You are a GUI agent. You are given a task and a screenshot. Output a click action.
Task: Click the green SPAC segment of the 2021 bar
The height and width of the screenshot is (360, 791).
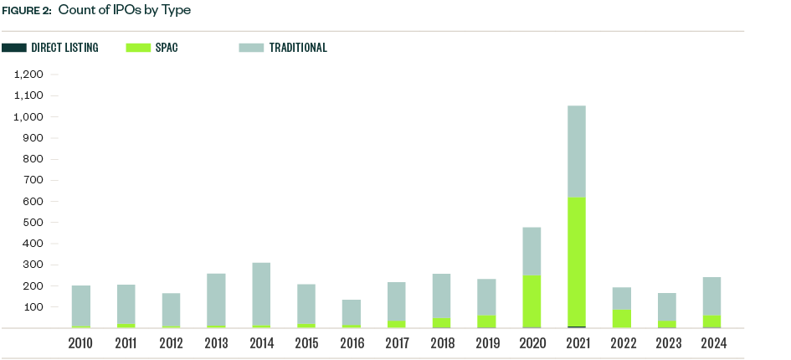tap(576, 261)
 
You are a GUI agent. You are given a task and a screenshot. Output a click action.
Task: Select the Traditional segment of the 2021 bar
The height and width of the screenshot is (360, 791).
tap(576, 152)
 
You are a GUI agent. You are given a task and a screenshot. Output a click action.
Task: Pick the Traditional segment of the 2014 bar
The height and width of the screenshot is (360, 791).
tap(261, 294)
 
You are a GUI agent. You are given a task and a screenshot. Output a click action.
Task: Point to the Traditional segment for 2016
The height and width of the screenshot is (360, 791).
tap(352, 312)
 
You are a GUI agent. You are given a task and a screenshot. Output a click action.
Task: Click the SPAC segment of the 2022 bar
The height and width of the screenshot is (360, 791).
tap(621, 318)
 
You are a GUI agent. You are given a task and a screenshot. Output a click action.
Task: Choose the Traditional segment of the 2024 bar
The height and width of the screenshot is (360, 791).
tap(711, 296)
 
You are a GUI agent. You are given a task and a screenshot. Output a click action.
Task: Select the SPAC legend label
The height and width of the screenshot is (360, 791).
tap(167, 48)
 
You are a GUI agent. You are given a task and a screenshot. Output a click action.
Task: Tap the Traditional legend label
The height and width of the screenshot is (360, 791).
tap(298, 48)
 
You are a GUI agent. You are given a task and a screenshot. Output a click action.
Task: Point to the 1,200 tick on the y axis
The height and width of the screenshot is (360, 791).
tap(28, 75)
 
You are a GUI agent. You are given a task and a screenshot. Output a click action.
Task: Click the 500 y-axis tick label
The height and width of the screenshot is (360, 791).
tap(33, 223)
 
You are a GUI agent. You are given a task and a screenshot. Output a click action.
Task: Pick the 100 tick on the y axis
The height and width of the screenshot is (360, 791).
tap(33, 307)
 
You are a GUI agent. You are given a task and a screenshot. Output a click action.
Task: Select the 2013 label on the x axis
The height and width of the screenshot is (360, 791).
tap(216, 342)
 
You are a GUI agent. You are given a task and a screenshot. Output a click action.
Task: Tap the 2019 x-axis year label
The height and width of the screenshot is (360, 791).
tap(486, 342)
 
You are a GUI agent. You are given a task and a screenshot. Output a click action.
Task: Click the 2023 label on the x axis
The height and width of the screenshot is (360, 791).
tap(667, 342)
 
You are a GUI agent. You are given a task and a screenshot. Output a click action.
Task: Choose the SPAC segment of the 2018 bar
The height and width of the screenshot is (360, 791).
tap(441, 322)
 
